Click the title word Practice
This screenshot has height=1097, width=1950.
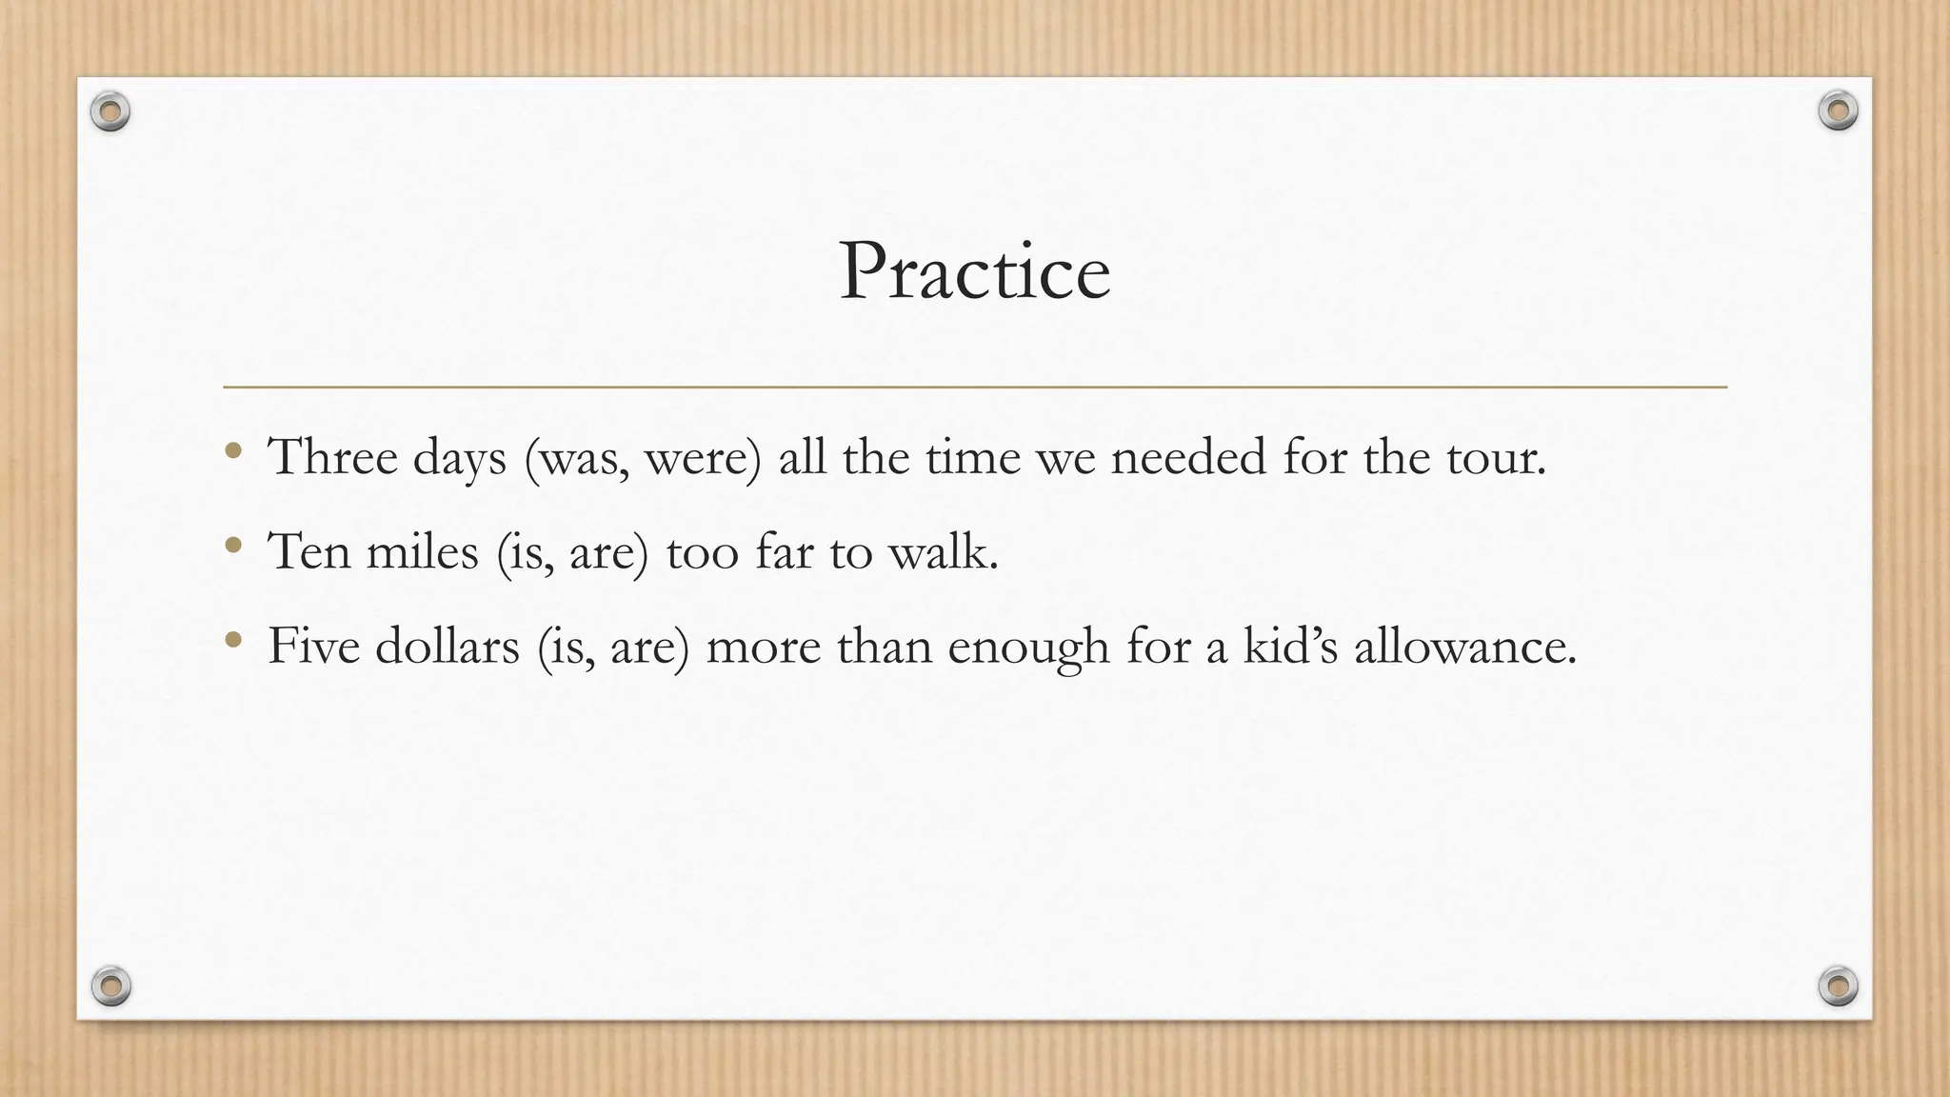[974, 272]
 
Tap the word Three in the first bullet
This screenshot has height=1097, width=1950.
[332, 457]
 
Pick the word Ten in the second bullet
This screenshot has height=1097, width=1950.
[309, 551]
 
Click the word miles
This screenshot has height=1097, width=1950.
[422, 551]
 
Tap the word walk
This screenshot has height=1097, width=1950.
[943, 551]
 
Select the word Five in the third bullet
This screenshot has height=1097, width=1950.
[312, 646]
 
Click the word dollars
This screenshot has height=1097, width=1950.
[447, 646]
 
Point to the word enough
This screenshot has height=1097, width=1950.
[1028, 648]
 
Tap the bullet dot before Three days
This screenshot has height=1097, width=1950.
[233, 450]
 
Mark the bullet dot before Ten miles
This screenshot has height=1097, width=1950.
[233, 545]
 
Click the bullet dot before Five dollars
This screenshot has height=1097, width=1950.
[233, 639]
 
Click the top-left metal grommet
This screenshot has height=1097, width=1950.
[110, 112]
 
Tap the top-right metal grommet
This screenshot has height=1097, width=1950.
[1838, 110]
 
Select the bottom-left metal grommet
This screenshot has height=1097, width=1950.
[110, 986]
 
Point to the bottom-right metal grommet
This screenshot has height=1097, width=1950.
[1838, 986]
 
